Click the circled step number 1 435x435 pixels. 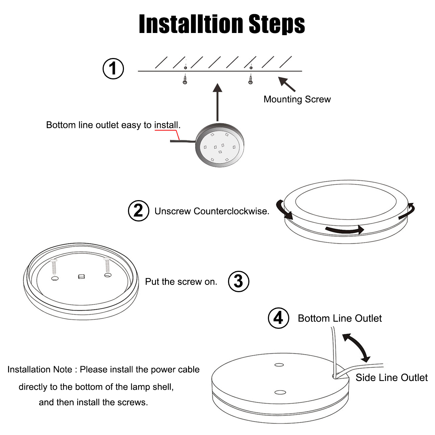click(x=113, y=69)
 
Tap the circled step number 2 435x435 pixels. click(x=138, y=211)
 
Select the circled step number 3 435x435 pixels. click(x=239, y=281)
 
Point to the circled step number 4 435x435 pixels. click(x=278, y=318)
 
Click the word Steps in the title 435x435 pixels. click(x=277, y=24)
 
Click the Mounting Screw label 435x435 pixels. click(x=297, y=99)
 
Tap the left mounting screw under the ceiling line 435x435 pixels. click(x=185, y=79)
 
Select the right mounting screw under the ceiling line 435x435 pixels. click(x=250, y=79)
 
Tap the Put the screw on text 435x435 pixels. click(x=181, y=282)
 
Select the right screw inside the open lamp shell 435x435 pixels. click(x=107, y=265)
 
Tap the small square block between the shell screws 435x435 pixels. click(x=81, y=277)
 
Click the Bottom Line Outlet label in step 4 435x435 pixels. click(x=340, y=318)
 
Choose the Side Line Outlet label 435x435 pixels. click(x=391, y=378)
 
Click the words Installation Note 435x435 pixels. click(x=40, y=369)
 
